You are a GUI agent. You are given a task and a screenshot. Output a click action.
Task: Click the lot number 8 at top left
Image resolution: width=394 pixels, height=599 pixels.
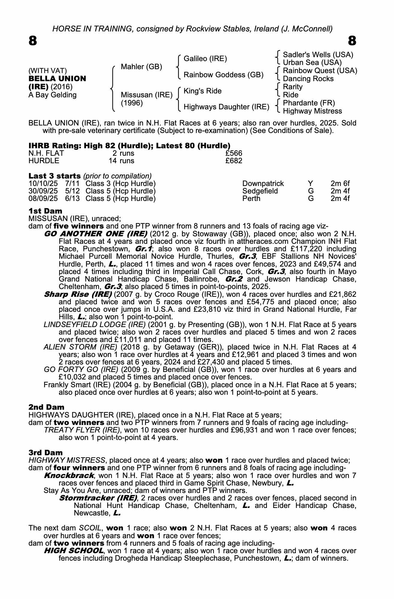[33, 41]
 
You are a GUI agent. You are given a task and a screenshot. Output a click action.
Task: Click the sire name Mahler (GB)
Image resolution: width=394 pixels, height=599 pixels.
[141, 66]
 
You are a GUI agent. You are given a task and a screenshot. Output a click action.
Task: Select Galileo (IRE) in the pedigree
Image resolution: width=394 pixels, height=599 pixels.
[205, 59]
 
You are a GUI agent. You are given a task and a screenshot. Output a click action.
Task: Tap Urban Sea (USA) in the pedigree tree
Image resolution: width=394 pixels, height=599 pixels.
[312, 63]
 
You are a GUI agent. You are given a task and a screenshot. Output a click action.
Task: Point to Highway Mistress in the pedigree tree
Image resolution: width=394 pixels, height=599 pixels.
[312, 111]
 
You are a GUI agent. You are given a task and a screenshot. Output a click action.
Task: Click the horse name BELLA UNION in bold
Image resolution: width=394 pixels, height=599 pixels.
[57, 79]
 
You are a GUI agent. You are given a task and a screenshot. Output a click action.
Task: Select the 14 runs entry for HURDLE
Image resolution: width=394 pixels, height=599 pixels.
[121, 161]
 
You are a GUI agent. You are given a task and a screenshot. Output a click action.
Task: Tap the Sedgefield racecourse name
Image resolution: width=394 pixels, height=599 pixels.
[260, 191]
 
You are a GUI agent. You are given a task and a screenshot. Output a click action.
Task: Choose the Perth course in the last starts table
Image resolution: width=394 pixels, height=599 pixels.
[251, 198]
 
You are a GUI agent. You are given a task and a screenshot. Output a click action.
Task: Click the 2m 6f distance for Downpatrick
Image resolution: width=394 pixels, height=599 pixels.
[340, 184]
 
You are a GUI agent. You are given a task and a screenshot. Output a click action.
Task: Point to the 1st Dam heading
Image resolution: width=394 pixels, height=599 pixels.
[45, 211]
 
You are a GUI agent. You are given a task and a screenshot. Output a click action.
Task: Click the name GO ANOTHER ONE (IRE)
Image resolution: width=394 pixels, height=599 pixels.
[95, 234]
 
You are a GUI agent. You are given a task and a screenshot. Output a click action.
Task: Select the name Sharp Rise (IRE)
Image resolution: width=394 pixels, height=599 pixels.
[78, 294]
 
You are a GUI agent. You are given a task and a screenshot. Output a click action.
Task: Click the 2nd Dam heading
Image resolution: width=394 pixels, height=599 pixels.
[46, 407]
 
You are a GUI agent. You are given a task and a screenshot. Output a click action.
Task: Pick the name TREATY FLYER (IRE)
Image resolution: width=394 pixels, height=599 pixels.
[82, 430]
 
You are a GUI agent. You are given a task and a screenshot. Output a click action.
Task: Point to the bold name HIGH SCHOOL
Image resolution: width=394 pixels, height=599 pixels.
[74, 551]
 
